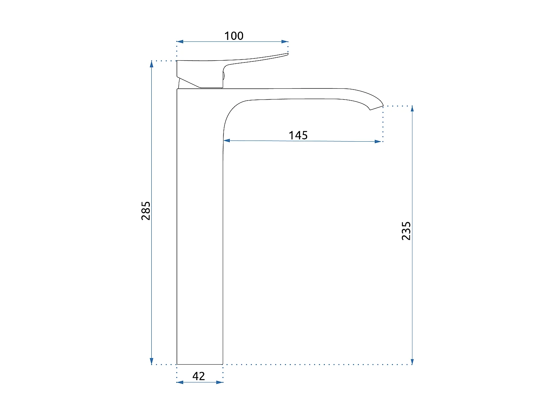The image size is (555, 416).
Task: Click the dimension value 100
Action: [x=234, y=36]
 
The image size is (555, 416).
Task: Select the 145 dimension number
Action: [x=298, y=135]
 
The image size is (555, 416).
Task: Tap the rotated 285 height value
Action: [x=146, y=211]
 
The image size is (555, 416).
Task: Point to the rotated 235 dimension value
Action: [x=406, y=231]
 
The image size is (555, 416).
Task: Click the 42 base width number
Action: [x=199, y=376]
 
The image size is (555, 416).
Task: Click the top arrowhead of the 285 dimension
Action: [x=152, y=64]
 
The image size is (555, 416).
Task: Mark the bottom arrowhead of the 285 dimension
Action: [x=152, y=361]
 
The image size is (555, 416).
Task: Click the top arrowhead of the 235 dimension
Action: [x=412, y=109]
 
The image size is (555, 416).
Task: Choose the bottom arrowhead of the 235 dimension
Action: [x=412, y=361]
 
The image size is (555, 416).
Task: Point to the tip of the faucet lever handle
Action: [x=287, y=54]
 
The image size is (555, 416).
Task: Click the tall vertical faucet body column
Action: [x=200, y=229]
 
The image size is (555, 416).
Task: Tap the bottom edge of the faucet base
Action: [x=200, y=364]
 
